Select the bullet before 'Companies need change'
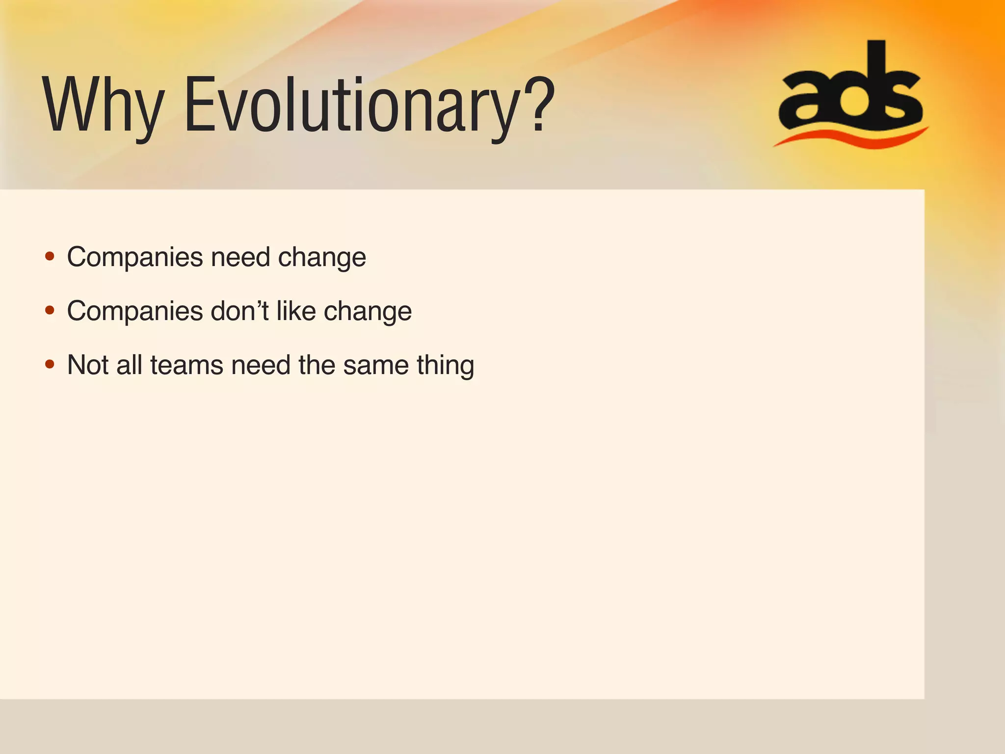(x=50, y=256)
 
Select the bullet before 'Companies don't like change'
(x=50, y=310)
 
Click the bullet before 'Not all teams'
(x=50, y=364)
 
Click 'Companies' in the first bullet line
(x=135, y=257)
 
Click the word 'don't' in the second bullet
(x=239, y=311)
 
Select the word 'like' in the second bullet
(x=296, y=311)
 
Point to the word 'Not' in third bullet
(x=88, y=365)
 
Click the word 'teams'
(x=186, y=365)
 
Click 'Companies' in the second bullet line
(x=135, y=311)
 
